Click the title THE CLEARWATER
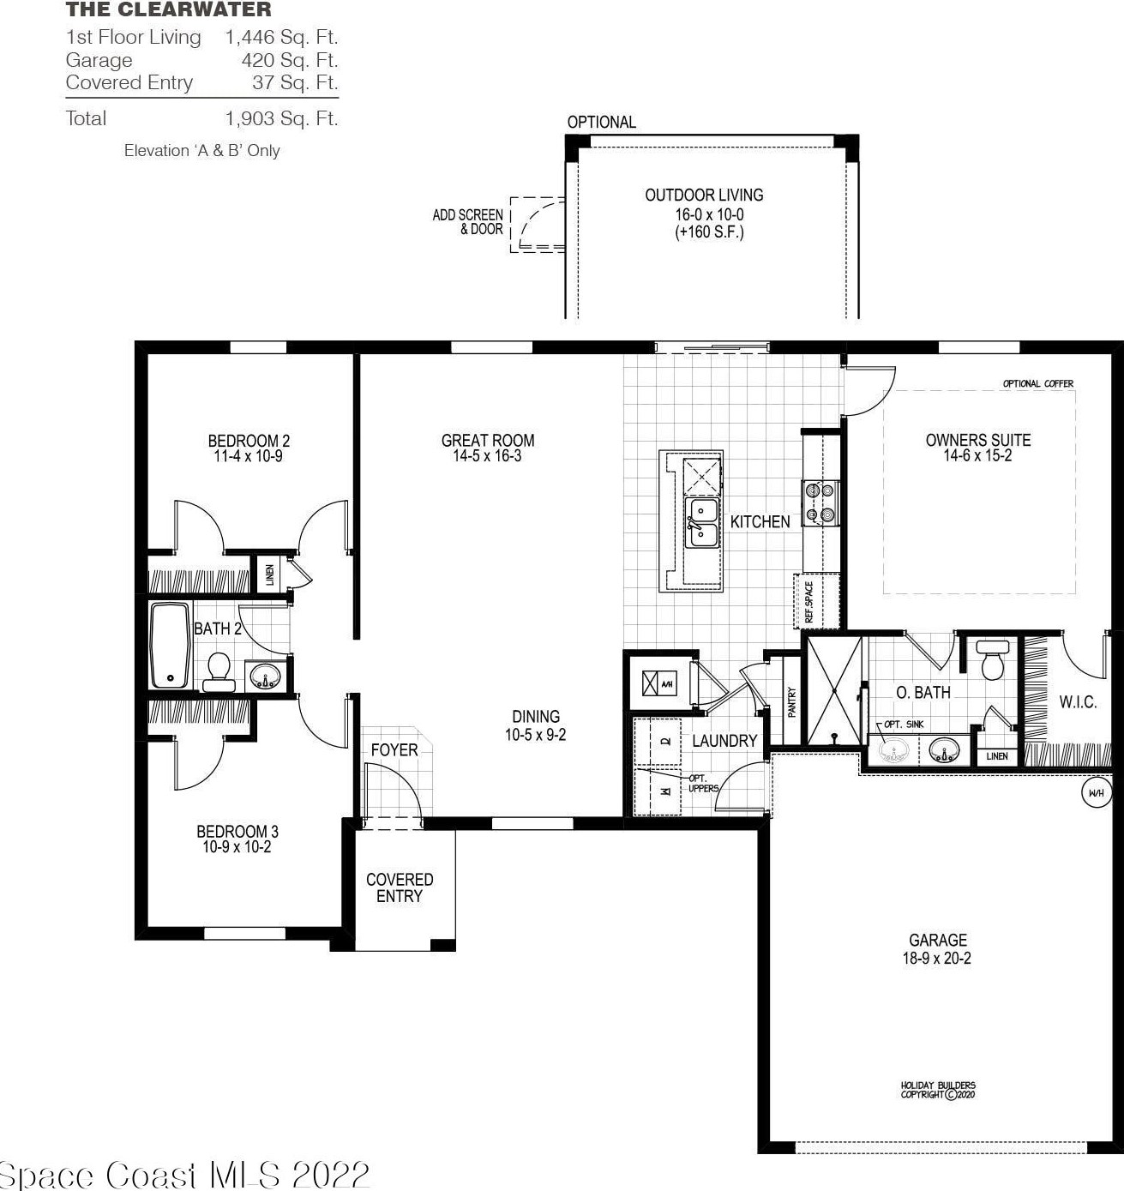tap(168, 10)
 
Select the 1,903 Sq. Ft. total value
tap(281, 118)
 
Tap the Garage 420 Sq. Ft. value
tap(289, 60)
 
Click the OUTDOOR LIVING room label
tap(704, 195)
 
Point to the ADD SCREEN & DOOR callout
tap(467, 222)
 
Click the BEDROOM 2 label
tap(249, 441)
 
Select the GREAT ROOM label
tap(488, 441)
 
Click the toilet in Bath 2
tap(219, 670)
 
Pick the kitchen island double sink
tap(702, 522)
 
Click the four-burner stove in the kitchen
tap(818, 502)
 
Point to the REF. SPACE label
tap(808, 601)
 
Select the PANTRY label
tap(792, 701)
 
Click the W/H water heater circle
tap(1096, 793)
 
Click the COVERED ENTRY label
tap(400, 887)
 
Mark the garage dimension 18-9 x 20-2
tap(937, 959)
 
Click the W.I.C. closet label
tap(1078, 702)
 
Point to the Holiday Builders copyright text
tap(938, 1090)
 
